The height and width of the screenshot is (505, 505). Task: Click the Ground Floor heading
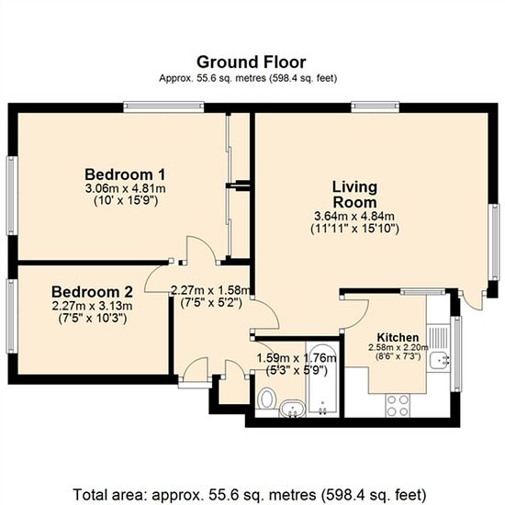click(x=252, y=62)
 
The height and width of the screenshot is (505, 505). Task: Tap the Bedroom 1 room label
click(x=125, y=174)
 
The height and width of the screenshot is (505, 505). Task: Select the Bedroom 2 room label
click(x=92, y=292)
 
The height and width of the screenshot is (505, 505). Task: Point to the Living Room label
click(x=354, y=195)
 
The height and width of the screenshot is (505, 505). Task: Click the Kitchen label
click(x=398, y=338)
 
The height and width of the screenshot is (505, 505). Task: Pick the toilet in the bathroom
click(x=267, y=398)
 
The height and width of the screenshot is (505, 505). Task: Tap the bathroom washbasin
click(x=292, y=409)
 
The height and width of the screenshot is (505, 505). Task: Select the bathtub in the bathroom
click(x=322, y=379)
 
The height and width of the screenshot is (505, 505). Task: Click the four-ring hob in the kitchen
click(x=398, y=406)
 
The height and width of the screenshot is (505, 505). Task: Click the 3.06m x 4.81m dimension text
click(x=125, y=188)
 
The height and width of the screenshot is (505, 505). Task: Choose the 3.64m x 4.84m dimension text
click(x=354, y=216)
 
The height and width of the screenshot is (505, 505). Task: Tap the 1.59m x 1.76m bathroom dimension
click(x=297, y=358)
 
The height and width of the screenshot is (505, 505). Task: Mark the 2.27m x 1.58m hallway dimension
click(x=210, y=290)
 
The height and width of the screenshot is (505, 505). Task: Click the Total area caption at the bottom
click(x=250, y=494)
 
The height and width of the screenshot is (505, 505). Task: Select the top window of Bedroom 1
click(x=163, y=107)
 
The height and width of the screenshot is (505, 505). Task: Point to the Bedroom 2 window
click(x=12, y=316)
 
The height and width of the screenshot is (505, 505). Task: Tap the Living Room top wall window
click(x=376, y=107)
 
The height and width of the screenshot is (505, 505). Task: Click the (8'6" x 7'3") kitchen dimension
click(x=398, y=357)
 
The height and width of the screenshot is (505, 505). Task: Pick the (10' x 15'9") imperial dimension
click(x=126, y=201)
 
